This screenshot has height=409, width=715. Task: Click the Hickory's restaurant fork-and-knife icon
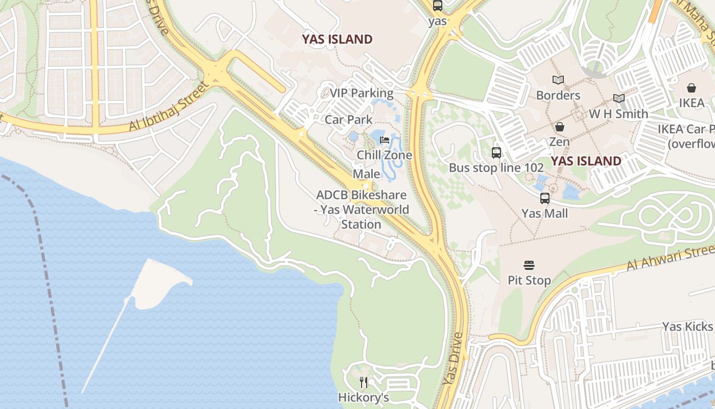[x=364, y=382]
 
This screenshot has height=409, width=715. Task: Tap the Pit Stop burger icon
[x=529, y=265]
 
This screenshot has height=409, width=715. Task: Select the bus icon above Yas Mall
[x=545, y=198]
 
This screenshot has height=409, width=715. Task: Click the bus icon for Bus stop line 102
[x=496, y=152]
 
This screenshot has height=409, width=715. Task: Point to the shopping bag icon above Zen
[x=560, y=127]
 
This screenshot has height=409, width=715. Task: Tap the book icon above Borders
[x=558, y=80]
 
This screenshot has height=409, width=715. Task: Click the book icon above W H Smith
[x=618, y=98]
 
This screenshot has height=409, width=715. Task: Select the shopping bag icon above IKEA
[x=692, y=88]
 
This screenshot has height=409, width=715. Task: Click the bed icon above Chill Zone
[x=385, y=140]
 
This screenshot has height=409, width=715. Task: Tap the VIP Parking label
[x=361, y=93]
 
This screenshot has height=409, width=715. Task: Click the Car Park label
[x=349, y=120]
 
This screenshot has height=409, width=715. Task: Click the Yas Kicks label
[x=687, y=326]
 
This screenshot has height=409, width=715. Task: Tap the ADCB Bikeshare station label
[x=362, y=210]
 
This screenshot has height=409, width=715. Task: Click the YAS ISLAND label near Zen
[x=586, y=161]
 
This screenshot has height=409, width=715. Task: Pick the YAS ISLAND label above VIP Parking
[x=337, y=39]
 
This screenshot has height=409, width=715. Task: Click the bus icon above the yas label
[x=438, y=6]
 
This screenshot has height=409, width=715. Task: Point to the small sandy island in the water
[x=158, y=283]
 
